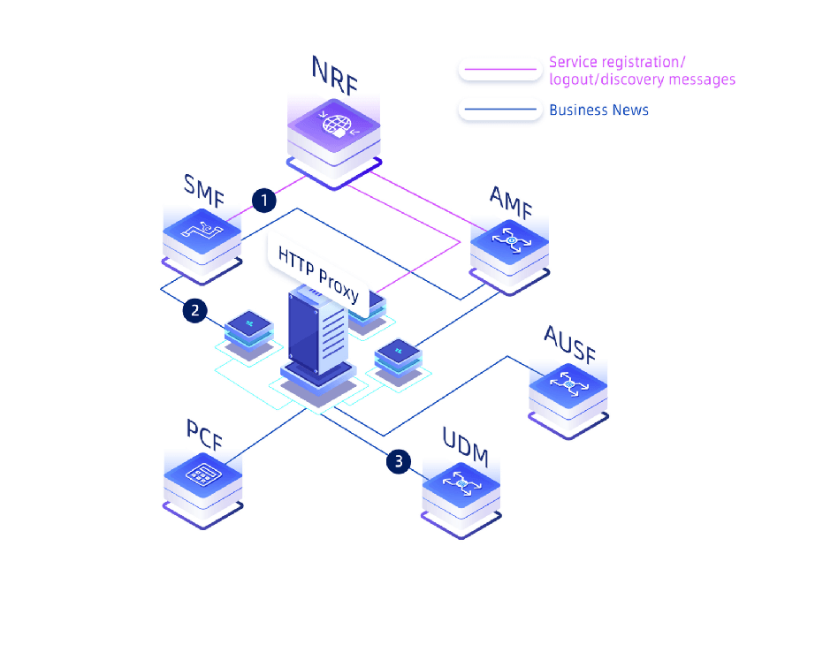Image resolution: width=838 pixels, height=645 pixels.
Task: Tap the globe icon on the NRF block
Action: coord(337,125)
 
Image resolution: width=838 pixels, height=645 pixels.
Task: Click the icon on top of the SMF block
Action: coord(202,231)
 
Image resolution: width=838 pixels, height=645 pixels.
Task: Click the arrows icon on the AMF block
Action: coord(510,239)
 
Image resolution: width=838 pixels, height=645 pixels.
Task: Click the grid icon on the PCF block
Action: coord(202,474)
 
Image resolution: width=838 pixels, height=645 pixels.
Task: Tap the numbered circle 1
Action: coord(263,201)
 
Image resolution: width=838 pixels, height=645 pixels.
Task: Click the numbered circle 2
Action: coord(195,310)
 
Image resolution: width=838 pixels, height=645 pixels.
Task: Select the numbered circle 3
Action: coord(399,460)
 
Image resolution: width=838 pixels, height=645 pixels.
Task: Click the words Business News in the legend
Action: coord(598,110)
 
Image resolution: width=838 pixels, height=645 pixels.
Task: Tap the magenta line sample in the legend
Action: coord(499,69)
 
